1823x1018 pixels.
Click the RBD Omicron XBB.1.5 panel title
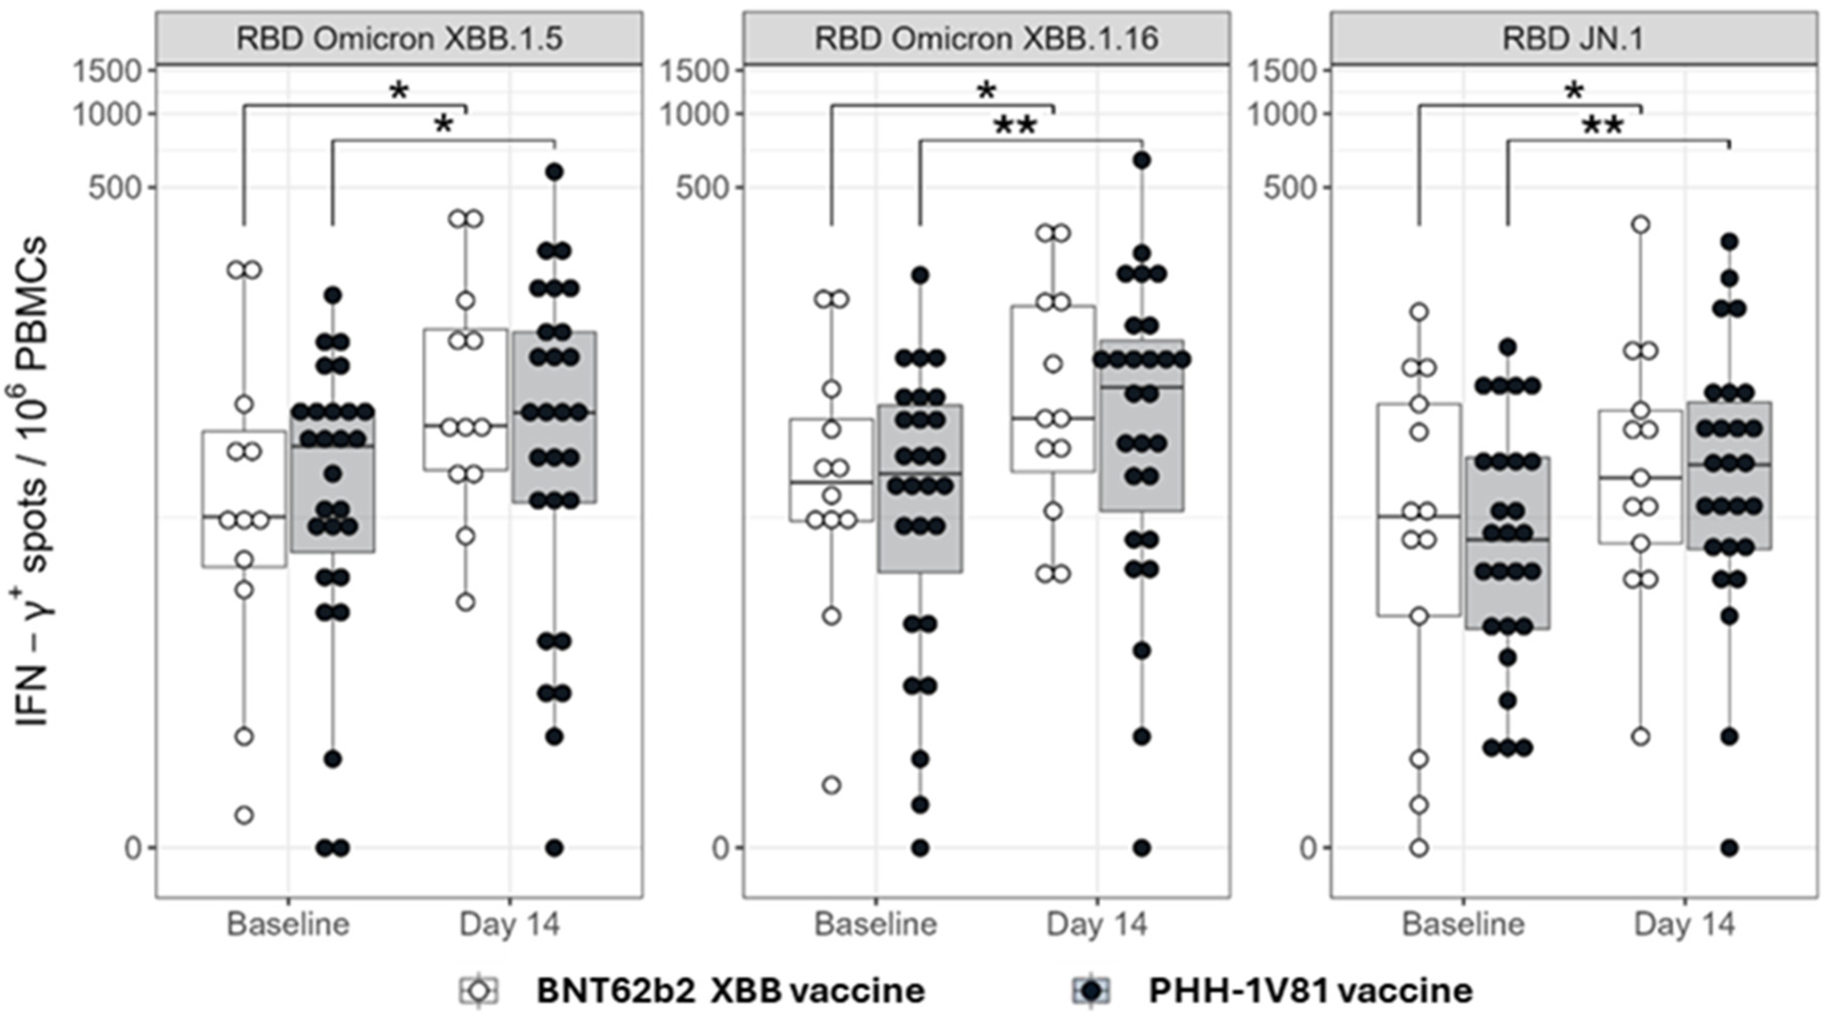coord(399,38)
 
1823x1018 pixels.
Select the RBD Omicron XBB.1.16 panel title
coord(987,38)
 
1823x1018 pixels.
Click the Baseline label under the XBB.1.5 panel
coord(288,925)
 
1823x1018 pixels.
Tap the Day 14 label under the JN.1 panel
coord(1684,925)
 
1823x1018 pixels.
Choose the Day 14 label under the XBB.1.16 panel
coord(1097,925)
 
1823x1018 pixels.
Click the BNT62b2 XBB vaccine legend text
coord(730,991)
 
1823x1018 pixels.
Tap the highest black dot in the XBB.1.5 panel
coord(554,171)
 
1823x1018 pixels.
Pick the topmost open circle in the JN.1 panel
coord(1641,225)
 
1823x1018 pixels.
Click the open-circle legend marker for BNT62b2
coord(479,991)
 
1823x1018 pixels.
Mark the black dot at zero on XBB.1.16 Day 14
coord(1141,847)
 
